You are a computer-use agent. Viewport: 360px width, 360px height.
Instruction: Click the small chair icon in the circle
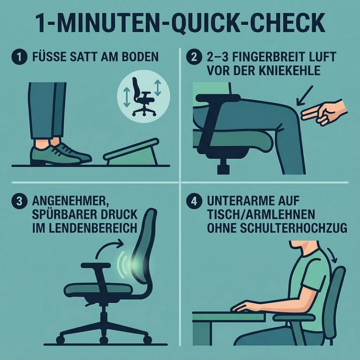pos(142,97)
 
